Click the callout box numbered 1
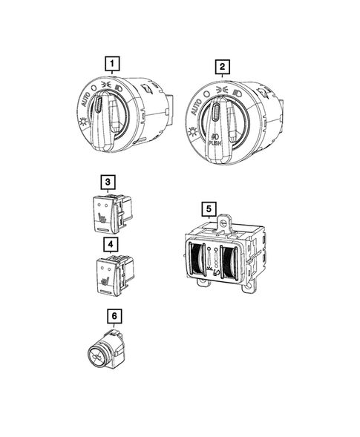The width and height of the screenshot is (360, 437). click(x=112, y=64)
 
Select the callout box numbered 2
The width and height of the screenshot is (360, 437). click(x=222, y=67)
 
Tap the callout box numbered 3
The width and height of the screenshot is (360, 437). click(x=108, y=182)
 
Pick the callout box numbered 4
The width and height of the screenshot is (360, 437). click(x=111, y=244)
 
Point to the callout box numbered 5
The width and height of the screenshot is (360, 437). click(x=209, y=208)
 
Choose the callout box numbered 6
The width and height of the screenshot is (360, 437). click(x=114, y=316)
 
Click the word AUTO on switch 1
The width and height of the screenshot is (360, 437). click(x=85, y=99)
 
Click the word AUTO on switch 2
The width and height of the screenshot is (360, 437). click(x=196, y=107)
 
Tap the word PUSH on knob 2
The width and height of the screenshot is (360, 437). click(x=215, y=143)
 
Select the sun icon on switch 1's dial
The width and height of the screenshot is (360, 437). click(x=83, y=122)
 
